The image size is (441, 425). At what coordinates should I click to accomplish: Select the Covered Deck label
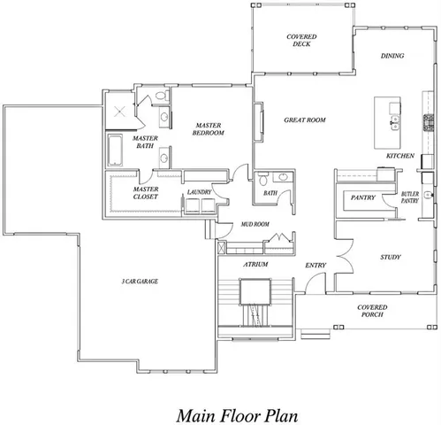(302, 40)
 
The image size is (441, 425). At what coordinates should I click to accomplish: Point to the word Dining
(392, 56)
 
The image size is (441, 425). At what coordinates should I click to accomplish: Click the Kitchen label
(400, 156)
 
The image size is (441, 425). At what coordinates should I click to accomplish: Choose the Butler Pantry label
(409, 197)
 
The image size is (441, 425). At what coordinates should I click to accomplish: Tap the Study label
(391, 258)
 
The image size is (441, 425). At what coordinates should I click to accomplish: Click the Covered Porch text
(372, 310)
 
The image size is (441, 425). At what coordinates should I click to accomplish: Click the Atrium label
(256, 264)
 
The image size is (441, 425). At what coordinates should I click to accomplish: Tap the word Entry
(316, 265)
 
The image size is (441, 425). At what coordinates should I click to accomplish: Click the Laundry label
(199, 191)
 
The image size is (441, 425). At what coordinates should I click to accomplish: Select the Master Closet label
(145, 193)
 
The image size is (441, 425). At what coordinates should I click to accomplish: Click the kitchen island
(385, 124)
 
